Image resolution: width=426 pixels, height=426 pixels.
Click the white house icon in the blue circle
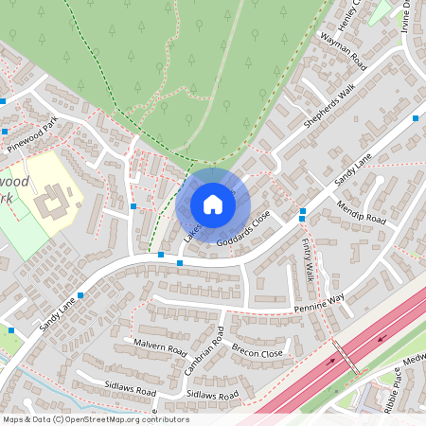(212, 204)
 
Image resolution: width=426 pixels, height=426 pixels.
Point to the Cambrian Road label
(220, 357)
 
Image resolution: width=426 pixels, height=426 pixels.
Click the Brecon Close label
(257, 351)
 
